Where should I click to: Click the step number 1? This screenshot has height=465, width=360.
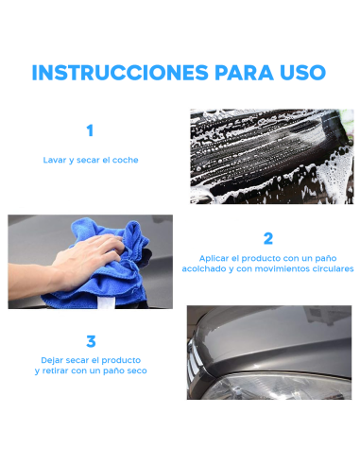click(90, 131)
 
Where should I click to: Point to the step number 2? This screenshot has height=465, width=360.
click(268, 238)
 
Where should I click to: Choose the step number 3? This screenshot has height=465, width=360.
click(91, 341)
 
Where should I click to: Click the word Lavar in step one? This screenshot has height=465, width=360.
click(55, 160)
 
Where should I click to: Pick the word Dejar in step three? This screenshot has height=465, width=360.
click(53, 360)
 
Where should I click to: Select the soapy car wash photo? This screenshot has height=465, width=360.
click(270, 156)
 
